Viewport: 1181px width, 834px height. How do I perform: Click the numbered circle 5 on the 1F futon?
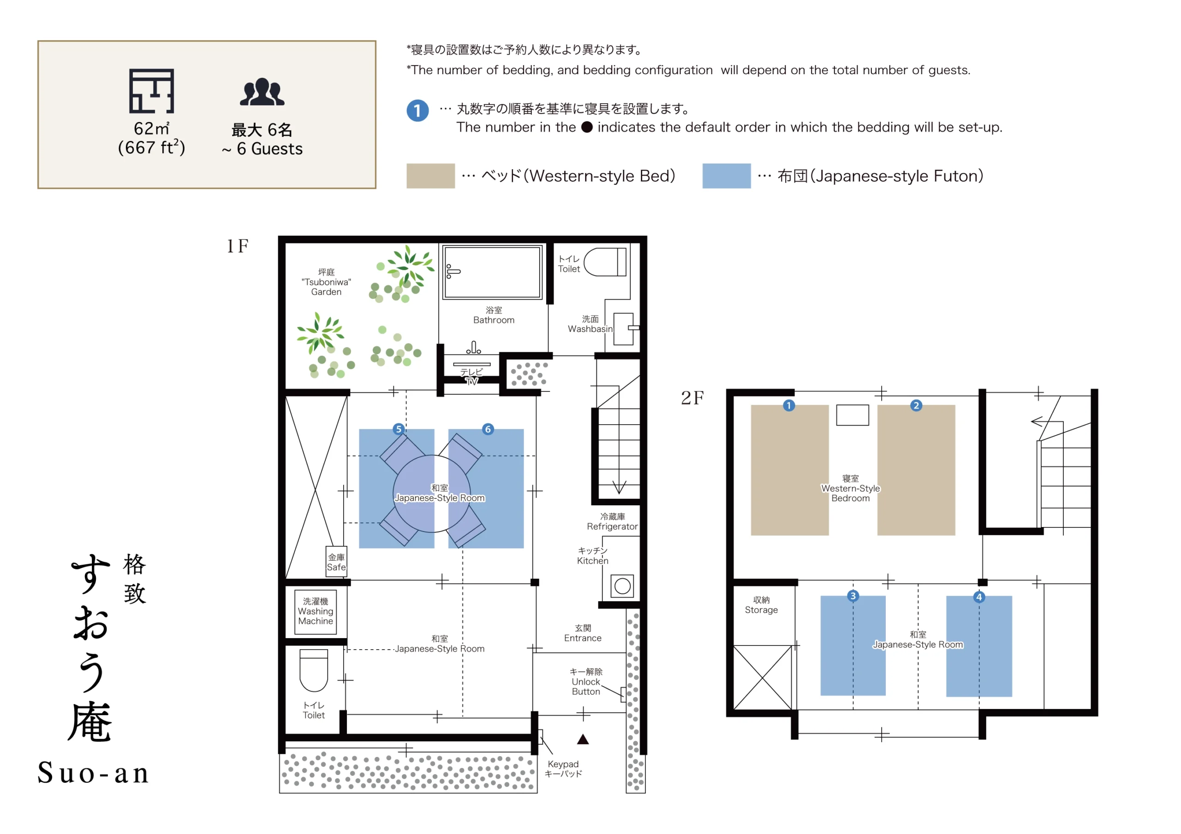point(399,429)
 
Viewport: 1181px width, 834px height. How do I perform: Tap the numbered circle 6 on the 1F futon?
point(488,429)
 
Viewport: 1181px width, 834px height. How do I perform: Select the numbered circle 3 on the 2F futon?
point(853,596)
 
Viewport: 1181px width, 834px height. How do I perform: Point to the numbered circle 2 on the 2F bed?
point(916,406)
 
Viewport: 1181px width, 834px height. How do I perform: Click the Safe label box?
point(336,562)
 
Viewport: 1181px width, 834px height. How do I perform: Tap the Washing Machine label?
point(315,611)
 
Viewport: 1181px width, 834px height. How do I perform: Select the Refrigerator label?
point(612,521)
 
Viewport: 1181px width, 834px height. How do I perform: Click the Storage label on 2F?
point(761,605)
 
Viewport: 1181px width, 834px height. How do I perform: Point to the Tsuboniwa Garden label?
point(326,282)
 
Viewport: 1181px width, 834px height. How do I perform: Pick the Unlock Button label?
point(586,682)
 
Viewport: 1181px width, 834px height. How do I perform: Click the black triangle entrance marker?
point(583,739)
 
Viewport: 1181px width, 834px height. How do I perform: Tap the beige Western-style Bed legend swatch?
point(430,176)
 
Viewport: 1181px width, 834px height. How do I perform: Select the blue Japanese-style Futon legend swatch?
point(726,176)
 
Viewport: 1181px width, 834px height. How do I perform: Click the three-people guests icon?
point(262,92)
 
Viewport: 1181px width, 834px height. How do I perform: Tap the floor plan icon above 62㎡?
point(151,91)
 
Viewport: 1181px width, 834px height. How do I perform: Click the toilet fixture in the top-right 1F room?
point(605,262)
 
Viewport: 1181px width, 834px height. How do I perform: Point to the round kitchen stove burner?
point(622,586)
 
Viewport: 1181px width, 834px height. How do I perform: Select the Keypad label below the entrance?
point(563,769)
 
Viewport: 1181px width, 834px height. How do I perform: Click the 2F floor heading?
point(692,398)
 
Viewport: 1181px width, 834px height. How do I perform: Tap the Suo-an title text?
point(93,773)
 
